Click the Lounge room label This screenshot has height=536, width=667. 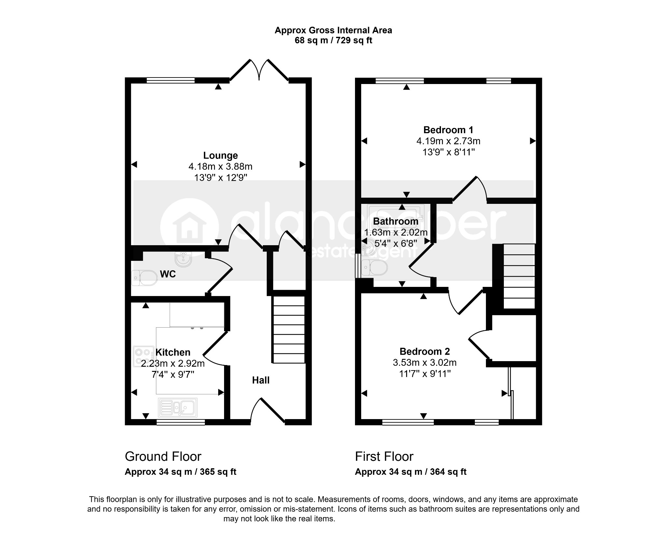(220, 155)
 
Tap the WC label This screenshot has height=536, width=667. (168, 274)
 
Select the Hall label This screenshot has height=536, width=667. (261, 380)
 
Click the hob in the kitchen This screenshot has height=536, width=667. (144, 356)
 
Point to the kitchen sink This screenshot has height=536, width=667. (177, 407)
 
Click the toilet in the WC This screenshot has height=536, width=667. (144, 278)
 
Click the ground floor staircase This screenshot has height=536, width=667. (289, 329)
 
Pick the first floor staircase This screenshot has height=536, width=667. (519, 276)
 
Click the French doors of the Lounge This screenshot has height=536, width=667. (259, 70)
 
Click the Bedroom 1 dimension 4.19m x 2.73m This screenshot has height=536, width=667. (448, 141)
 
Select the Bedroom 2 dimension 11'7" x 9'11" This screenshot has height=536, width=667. (425, 374)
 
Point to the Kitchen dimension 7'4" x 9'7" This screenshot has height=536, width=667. (173, 374)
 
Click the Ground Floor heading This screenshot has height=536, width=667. (163, 457)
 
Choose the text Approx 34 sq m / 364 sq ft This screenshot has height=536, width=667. (411, 472)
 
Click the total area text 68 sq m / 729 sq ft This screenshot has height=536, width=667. (333, 40)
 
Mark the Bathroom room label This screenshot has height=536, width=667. (396, 221)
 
